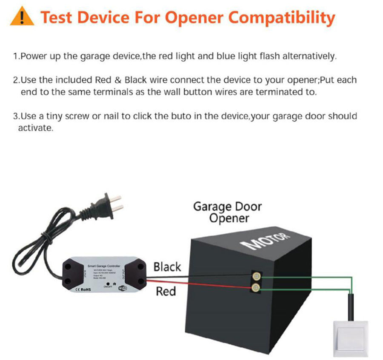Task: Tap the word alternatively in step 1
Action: (311, 57)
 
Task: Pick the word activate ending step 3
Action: (35, 128)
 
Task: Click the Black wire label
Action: (167, 267)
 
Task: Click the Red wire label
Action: (166, 292)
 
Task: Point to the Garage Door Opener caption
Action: (227, 213)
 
